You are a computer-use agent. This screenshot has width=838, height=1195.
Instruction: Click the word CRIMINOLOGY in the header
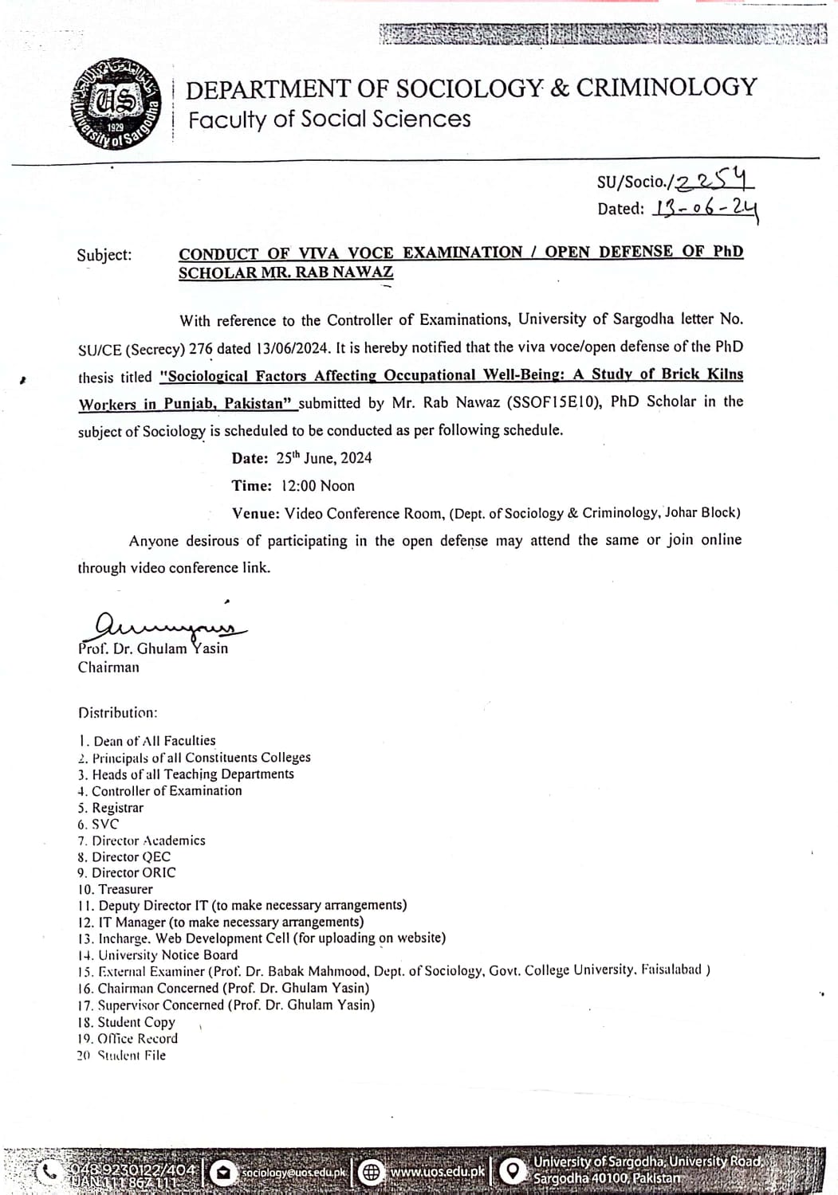(666, 87)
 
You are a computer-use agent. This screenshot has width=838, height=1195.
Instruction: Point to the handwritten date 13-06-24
(705, 208)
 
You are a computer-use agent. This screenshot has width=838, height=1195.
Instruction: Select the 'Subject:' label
(104, 255)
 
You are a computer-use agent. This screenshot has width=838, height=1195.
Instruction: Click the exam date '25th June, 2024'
(324, 457)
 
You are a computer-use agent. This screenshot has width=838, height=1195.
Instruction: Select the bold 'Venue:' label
(255, 513)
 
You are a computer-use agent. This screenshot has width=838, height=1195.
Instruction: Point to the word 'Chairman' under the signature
(108, 668)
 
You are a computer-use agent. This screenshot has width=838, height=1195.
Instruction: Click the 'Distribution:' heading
(117, 712)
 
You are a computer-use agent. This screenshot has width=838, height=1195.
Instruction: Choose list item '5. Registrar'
(111, 807)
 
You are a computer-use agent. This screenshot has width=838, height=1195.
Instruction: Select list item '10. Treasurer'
(116, 889)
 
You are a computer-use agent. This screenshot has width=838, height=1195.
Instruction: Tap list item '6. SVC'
(98, 824)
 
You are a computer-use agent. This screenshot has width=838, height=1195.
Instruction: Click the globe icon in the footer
(370, 1172)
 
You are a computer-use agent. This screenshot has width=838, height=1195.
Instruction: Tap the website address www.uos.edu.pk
(437, 1172)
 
